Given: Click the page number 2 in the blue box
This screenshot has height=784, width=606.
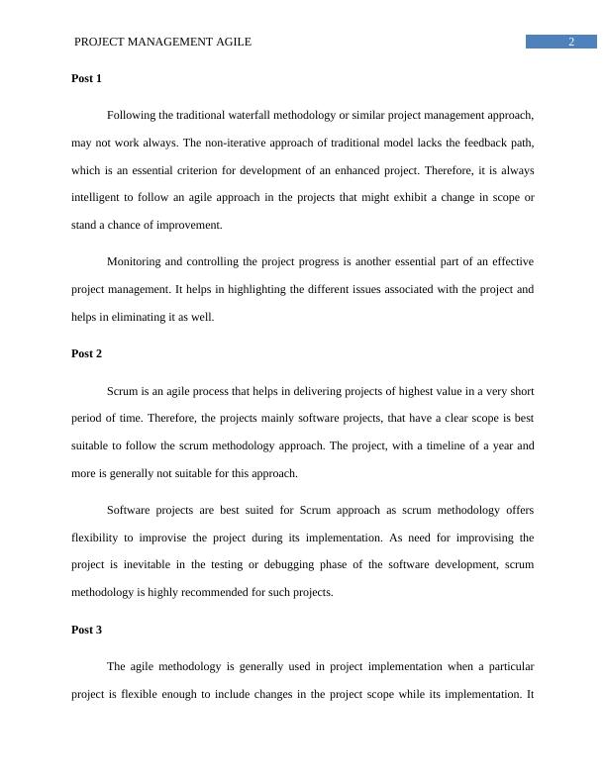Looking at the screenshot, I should pyautogui.click(x=571, y=42).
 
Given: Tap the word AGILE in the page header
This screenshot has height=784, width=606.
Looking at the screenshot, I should pyautogui.click(x=233, y=42).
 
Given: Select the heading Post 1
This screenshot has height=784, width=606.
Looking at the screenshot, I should pyautogui.click(x=87, y=77).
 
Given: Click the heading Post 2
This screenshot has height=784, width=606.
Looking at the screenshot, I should pyautogui.click(x=87, y=353).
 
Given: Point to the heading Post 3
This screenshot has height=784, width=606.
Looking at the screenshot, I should pyautogui.click(x=87, y=630).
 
